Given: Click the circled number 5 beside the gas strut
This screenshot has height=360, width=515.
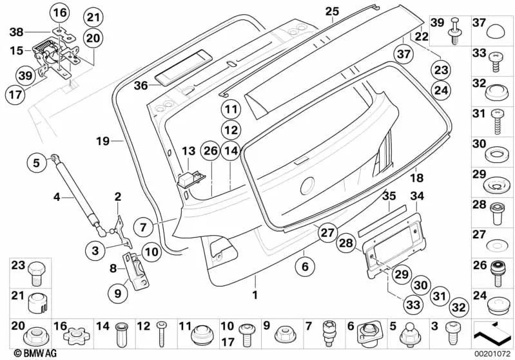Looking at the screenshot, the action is click(36, 163).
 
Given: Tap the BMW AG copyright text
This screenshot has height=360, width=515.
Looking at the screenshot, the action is click(35, 354).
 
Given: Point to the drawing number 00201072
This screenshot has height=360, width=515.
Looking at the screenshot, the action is click(492, 354).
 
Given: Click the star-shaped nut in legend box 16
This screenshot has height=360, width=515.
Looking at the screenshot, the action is click(75, 337).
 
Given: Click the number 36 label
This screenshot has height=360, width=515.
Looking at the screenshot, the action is click(141, 86).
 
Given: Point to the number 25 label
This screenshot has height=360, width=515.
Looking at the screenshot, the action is click(332, 12).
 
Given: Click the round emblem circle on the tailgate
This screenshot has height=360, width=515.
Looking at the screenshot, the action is click(307, 186).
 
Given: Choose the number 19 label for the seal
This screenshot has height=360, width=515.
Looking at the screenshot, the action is click(102, 141).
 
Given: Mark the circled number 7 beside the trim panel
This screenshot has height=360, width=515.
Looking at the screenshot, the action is click(143, 227).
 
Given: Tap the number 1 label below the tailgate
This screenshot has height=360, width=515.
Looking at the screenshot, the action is click(255, 295).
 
